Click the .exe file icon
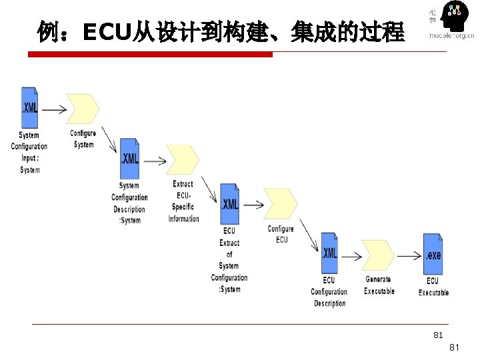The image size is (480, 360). click(433, 254)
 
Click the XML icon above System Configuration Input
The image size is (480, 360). click(29, 107)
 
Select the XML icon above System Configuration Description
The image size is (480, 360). click(129, 159)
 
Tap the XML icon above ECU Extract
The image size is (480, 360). click(229, 204)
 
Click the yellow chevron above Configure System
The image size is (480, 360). click(83, 109)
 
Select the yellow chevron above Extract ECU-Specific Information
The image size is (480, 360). click(183, 159)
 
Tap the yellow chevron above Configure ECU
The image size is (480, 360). click(281, 203)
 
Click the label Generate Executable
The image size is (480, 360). click(379, 285)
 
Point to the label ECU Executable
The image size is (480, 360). click(433, 287)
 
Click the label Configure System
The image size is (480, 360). click(83, 139)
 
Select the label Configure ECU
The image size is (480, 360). click(281, 234)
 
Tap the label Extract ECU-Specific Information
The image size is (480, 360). click(183, 201)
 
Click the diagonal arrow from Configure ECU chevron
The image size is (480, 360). click(308, 234)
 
